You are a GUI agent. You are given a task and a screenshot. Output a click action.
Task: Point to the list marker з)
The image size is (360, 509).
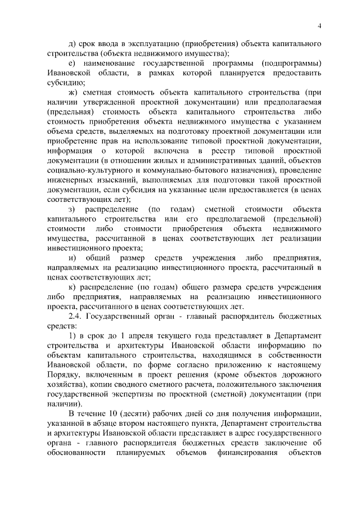[72, 210]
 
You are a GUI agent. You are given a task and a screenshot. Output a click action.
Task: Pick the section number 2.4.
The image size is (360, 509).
[76, 316]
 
